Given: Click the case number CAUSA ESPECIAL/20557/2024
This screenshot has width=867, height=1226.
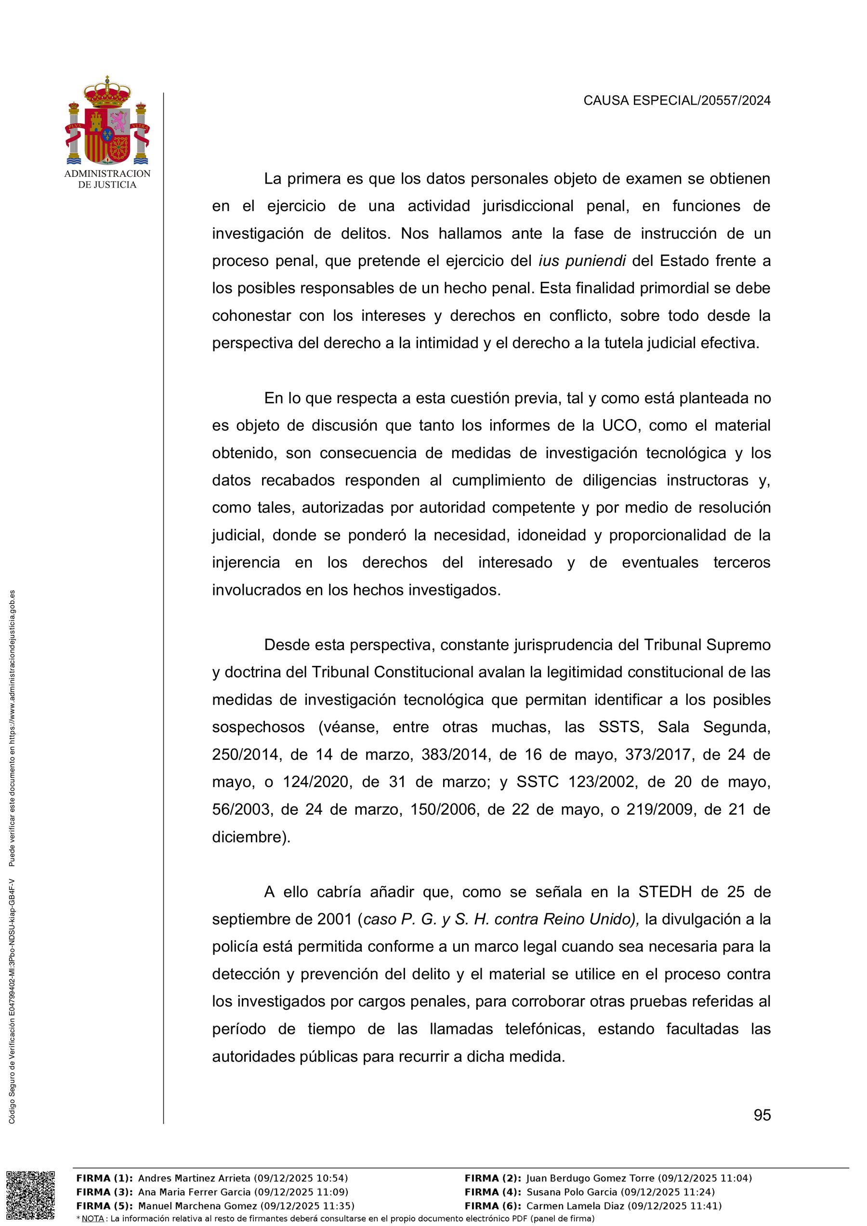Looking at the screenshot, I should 676,100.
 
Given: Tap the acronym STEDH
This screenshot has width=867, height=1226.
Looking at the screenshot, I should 665,892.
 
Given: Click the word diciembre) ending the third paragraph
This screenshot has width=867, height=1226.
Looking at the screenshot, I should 251,837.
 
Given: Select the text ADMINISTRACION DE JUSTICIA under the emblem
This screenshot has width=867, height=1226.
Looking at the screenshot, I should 107,179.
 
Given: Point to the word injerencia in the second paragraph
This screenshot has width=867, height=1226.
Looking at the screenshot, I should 246,563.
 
